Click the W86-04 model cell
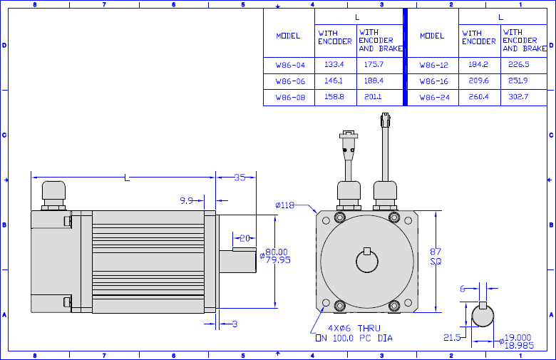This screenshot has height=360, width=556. [x=290, y=66]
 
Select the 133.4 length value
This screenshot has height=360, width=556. [x=334, y=65]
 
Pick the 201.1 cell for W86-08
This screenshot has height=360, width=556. [x=373, y=97]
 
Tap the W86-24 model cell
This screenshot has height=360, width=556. [x=434, y=98]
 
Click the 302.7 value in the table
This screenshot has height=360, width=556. [x=518, y=97]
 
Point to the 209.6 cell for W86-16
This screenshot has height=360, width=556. [x=479, y=81]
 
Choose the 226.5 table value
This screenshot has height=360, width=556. [x=518, y=65]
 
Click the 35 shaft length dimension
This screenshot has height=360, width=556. [x=240, y=178]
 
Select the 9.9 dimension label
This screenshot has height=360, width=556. [x=187, y=201]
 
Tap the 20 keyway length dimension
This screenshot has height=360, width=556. [x=244, y=238]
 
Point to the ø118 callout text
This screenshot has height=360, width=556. [x=284, y=205]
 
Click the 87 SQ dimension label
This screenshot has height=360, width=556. [x=436, y=257]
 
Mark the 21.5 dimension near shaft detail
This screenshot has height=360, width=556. [x=452, y=338]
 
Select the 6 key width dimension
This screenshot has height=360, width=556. [x=463, y=289]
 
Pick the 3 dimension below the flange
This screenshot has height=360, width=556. [x=235, y=324]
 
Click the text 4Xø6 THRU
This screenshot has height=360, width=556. [x=354, y=329]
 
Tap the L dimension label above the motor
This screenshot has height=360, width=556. [x=127, y=178]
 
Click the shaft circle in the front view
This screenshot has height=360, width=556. [x=367, y=262]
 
